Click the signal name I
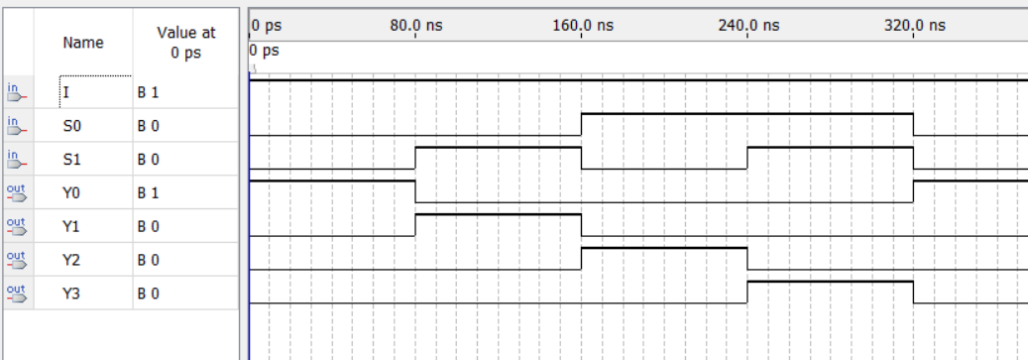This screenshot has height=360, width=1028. (x=66, y=92)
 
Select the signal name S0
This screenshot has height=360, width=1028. (x=70, y=126)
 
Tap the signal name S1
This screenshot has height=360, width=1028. (x=70, y=160)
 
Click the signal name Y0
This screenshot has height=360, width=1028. (x=70, y=193)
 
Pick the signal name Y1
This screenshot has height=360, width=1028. (x=70, y=227)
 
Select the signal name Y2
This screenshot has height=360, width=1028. (x=70, y=261)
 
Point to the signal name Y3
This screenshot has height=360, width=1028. (x=70, y=295)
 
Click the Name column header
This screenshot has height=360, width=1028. (x=82, y=44)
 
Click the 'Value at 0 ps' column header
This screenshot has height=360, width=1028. (x=185, y=44)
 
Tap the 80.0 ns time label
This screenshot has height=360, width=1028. (x=416, y=25)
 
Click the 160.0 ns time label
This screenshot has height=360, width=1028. (x=583, y=25)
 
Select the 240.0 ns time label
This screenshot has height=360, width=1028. (x=748, y=25)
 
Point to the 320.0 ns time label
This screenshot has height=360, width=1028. (x=914, y=25)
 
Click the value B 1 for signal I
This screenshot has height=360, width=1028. (x=148, y=92)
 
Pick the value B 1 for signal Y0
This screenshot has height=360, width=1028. (x=148, y=193)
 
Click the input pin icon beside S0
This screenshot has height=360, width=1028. (x=15, y=126)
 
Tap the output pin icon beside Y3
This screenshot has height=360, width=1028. (x=15, y=295)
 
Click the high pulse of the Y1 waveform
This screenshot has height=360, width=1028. (x=498, y=215)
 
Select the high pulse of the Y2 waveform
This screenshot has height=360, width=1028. (x=664, y=249)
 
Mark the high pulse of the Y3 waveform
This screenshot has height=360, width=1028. (x=831, y=283)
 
